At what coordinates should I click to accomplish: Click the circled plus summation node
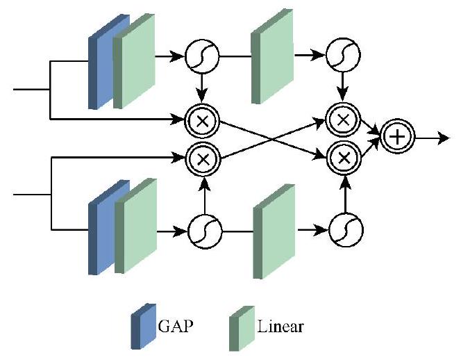(396, 138)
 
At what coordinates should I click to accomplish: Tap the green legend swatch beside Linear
(241, 326)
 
